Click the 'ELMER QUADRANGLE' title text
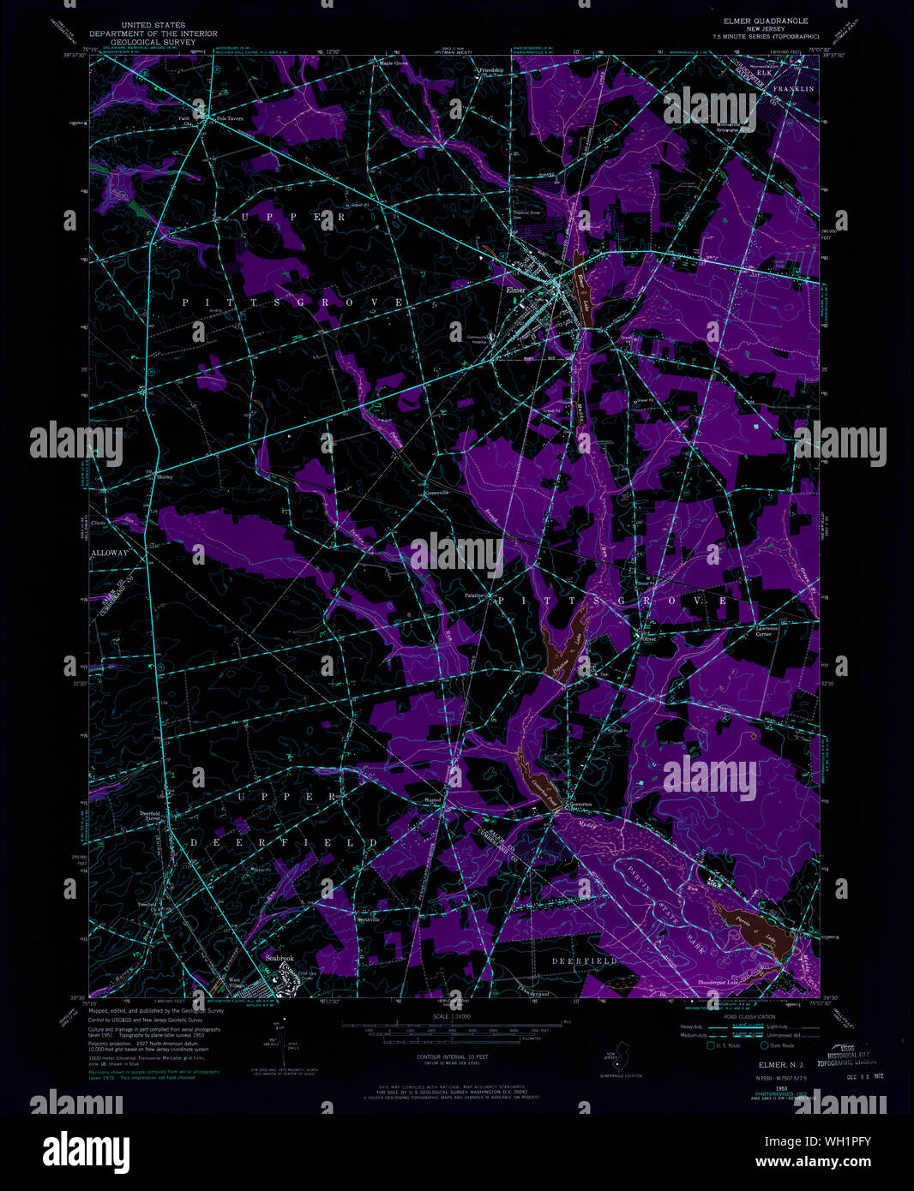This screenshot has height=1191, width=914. point(754,21)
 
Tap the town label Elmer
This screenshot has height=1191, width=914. point(516,290)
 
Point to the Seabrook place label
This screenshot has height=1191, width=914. point(280,958)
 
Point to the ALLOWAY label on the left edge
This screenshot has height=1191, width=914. point(109,554)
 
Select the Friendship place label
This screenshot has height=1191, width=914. point(491,69)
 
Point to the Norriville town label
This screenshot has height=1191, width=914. point(366,920)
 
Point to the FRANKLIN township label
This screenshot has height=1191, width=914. point(792,88)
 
